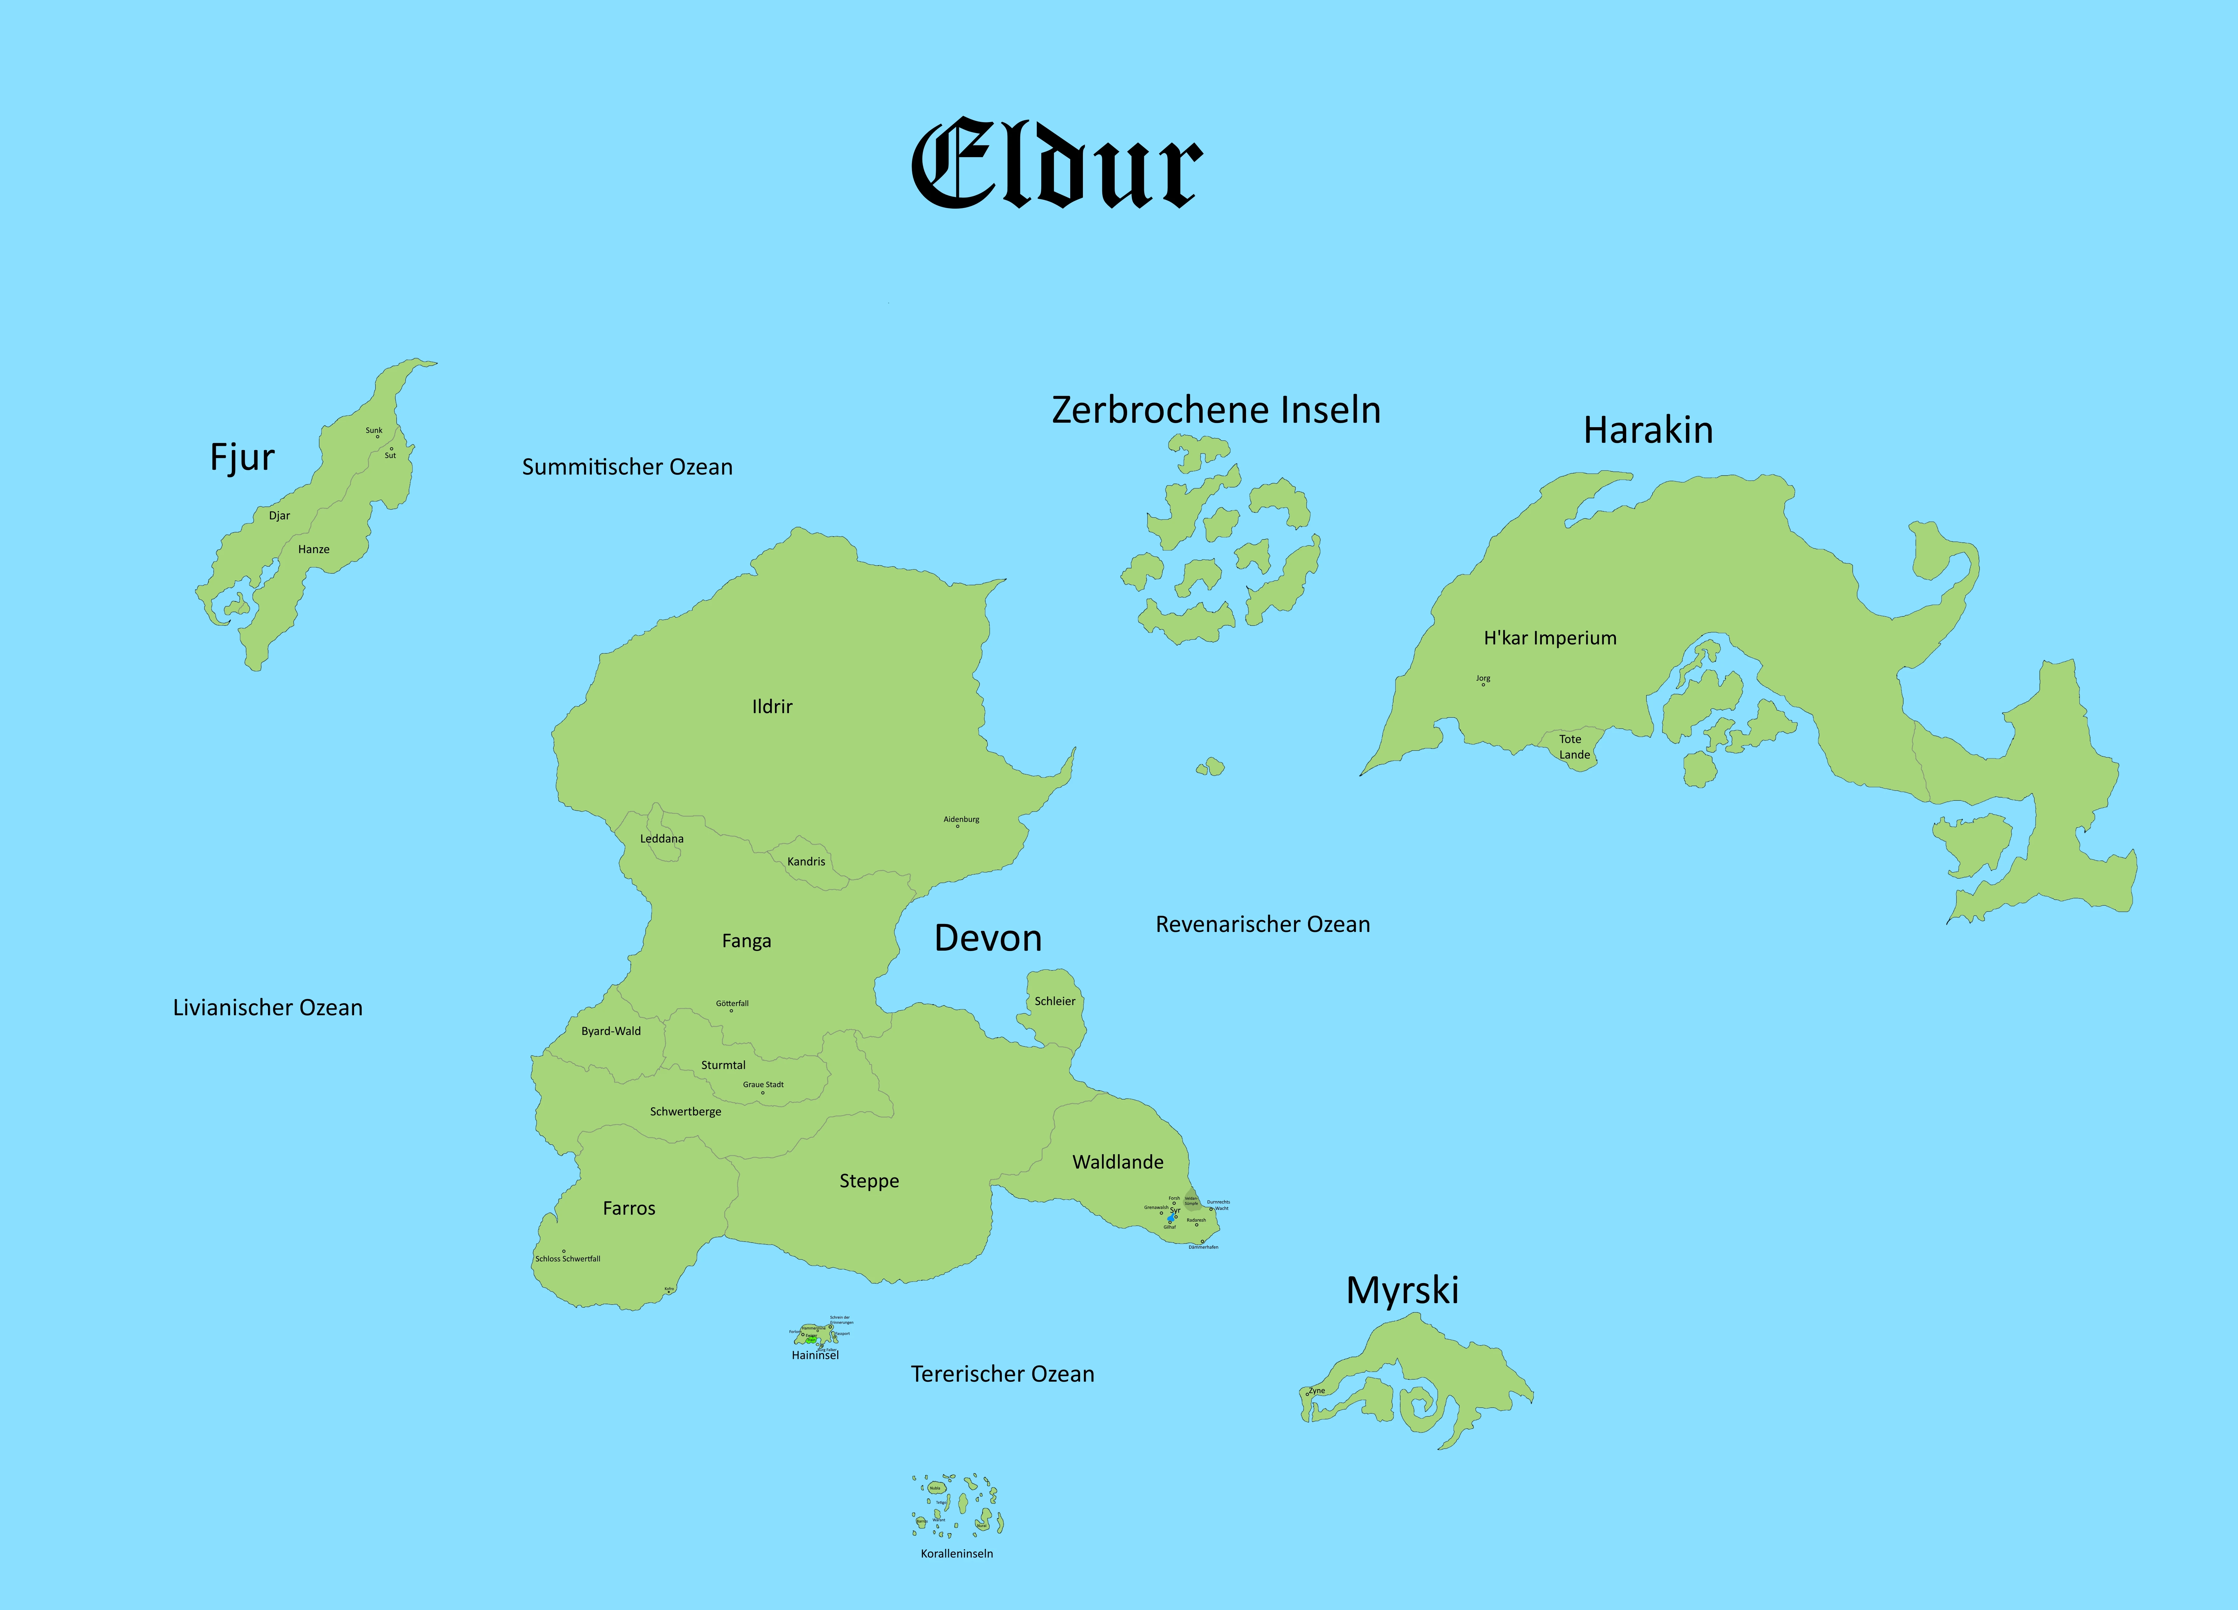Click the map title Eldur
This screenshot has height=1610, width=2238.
(x=1056, y=165)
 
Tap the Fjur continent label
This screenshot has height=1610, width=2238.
(x=242, y=457)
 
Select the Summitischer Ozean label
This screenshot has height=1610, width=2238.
(x=626, y=467)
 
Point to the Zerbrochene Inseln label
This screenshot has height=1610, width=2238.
(x=1216, y=410)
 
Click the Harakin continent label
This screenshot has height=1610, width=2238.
(x=1648, y=430)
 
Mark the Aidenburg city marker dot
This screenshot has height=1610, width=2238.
(x=957, y=826)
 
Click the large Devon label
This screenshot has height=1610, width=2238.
(x=988, y=938)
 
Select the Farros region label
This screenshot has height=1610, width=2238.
(x=629, y=1208)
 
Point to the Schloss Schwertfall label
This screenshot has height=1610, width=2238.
(x=567, y=1259)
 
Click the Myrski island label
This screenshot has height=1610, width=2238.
(x=1402, y=1290)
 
